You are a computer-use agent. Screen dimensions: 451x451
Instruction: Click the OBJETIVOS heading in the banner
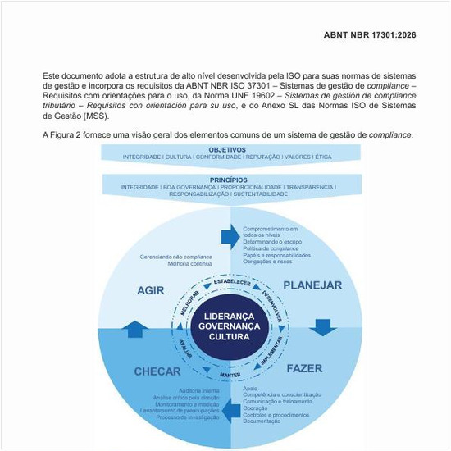point(227,149)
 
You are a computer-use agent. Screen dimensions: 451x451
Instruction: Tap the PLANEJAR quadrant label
point(312,285)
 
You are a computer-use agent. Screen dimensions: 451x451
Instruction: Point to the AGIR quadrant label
point(151,290)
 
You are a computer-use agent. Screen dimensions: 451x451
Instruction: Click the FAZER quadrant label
point(304,368)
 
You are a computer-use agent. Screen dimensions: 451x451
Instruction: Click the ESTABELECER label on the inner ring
point(231,282)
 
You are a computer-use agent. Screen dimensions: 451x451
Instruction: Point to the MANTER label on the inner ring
point(230,374)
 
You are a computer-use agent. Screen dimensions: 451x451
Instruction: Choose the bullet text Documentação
point(262,421)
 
